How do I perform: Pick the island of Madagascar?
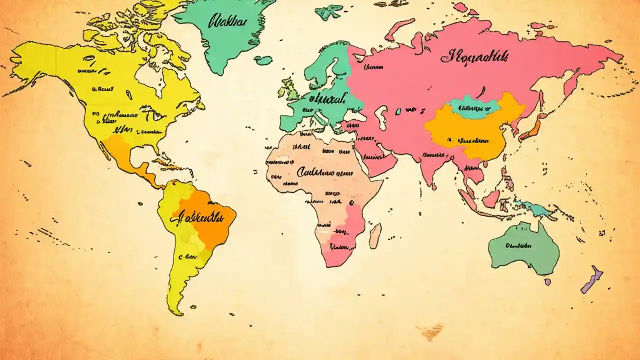(375, 236)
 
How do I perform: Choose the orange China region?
(475, 132)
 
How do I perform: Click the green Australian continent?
(522, 250)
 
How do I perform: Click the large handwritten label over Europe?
(327, 99)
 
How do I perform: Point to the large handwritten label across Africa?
(320, 172)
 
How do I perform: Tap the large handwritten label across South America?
(197, 217)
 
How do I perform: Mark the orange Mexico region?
(122, 152)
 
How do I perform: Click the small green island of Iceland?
(263, 60)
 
